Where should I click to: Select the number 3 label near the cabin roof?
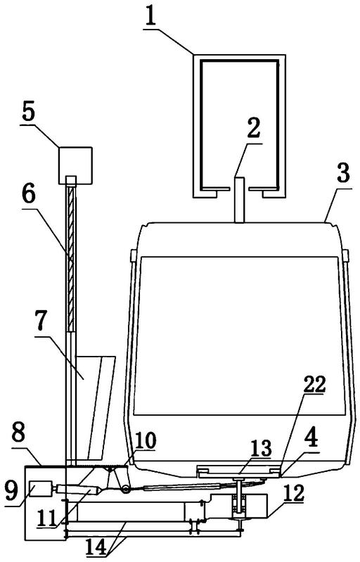pos(343,174)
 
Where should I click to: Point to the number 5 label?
pos(29,112)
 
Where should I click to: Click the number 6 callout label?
pos(29,196)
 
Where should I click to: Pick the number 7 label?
pos(41,321)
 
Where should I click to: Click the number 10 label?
pos(145,440)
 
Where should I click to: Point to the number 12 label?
pos(294,493)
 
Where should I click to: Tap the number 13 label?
pos(261,448)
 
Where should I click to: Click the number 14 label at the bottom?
pos(97,547)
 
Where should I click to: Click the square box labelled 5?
pos(75,165)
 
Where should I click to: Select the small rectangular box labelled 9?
pos(40,488)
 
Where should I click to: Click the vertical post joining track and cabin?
pos(240,200)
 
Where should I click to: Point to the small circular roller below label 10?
pos(125,489)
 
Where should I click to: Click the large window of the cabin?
pos(239,336)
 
